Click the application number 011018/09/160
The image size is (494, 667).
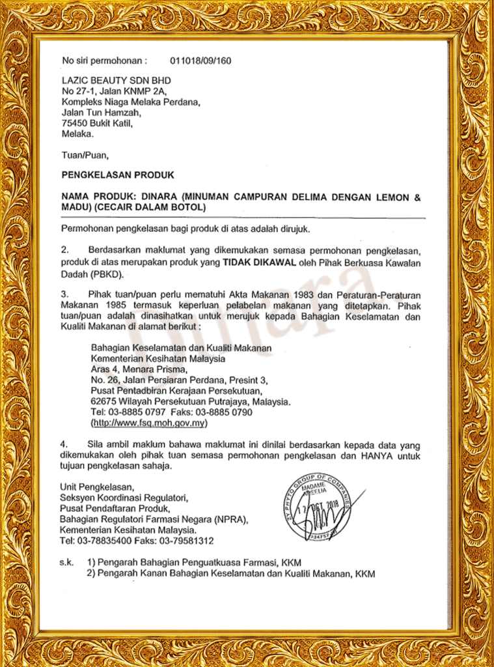point(200,61)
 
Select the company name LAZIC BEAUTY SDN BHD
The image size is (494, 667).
point(111,81)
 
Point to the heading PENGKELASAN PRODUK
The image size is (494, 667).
point(117,175)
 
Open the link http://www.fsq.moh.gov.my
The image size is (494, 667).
point(149,423)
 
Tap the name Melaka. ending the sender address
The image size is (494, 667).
point(77,134)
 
